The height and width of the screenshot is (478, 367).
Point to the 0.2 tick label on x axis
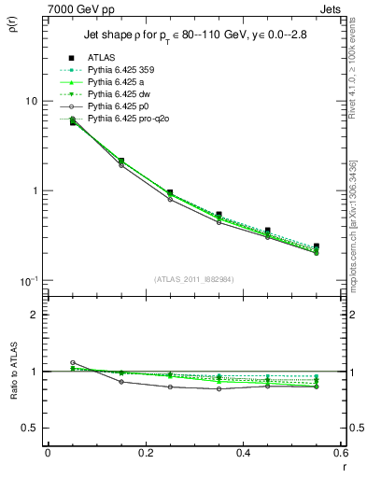coord(145,453)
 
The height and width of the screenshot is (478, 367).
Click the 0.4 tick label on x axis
coord(243,453)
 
